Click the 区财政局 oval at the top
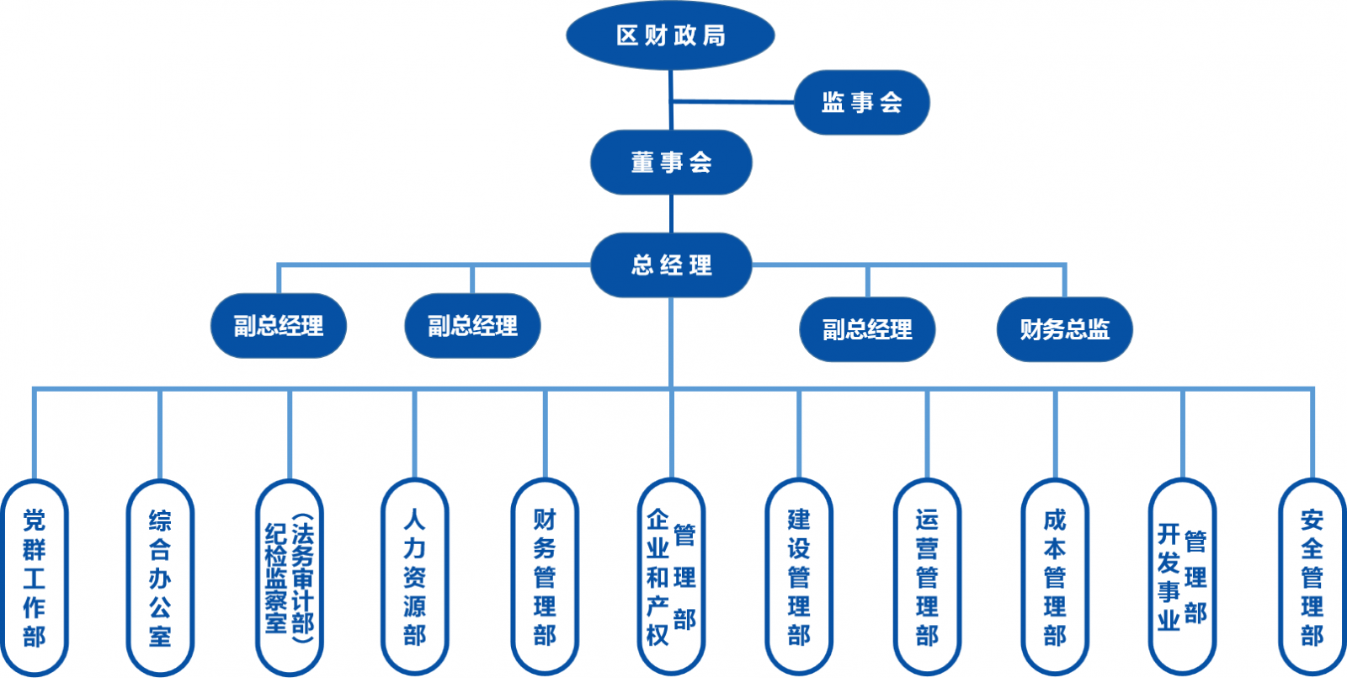670,35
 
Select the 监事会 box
861,103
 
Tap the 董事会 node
671,163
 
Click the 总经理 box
671,265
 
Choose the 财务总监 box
1064,329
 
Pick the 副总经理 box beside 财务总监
867,329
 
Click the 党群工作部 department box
35,577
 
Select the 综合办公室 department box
160,577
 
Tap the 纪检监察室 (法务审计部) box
290,577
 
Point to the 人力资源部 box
414,577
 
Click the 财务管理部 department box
545,577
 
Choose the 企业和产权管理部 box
671,577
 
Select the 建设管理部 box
799,577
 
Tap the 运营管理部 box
927,577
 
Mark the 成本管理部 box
1055,577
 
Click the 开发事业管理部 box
1182,577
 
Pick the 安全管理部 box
1312,577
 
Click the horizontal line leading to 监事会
732,102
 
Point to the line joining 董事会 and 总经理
671,214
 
